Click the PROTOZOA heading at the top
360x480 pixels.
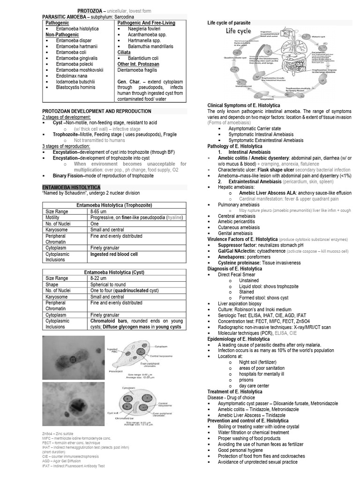point(91,10)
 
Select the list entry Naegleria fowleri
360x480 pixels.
point(144,29)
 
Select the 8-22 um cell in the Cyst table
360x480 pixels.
point(100,278)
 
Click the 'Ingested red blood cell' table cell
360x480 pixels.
point(114,254)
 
